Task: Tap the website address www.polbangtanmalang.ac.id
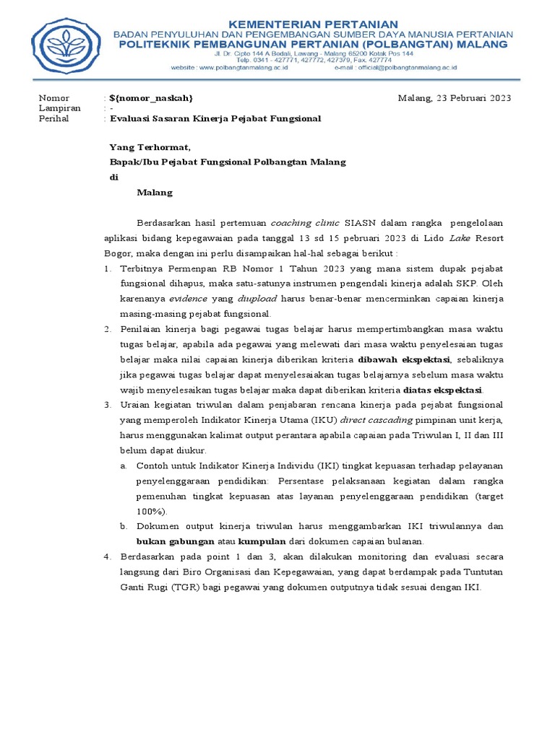pyautogui.click(x=242, y=67)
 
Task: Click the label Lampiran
pyautogui.click(x=61, y=108)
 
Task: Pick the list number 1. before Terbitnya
pyautogui.click(x=106, y=268)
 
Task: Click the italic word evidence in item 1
pyautogui.click(x=188, y=299)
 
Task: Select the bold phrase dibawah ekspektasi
pyautogui.click(x=403, y=359)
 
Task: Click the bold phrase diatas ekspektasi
pyautogui.click(x=442, y=389)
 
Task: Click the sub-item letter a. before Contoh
pyautogui.click(x=124, y=465)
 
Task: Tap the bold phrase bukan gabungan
pyautogui.click(x=176, y=541)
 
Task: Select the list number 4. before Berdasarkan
pyautogui.click(x=106, y=556)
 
